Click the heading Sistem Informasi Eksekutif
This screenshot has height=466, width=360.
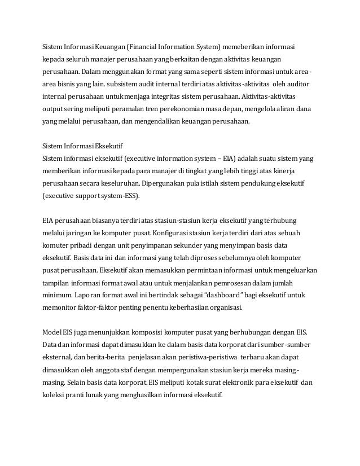[x=84, y=145]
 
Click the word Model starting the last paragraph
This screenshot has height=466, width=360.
[x=54, y=332]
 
